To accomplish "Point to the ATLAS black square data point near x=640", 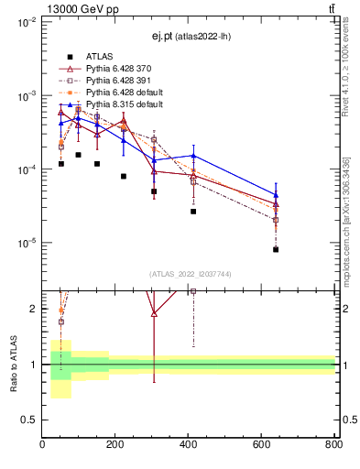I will click(x=276, y=249).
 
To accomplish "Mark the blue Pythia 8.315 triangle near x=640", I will click(x=276, y=194).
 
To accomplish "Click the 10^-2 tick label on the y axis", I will click(x=27, y=22).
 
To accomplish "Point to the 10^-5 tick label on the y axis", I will click(x=27, y=244).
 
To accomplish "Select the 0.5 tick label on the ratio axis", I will click(x=29, y=420).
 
